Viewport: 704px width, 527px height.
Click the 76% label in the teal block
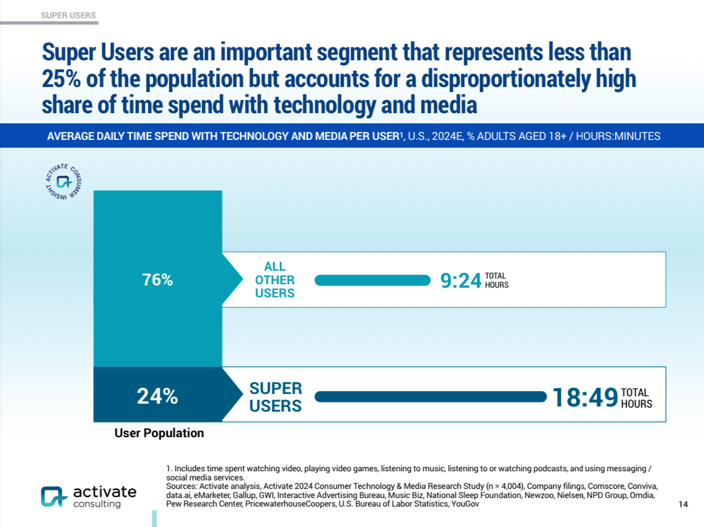pyautogui.click(x=157, y=280)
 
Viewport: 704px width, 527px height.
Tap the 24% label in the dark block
pyautogui.click(x=157, y=396)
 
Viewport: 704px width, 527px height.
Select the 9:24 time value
pyautogui.click(x=461, y=280)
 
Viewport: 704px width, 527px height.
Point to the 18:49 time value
pyautogui.click(x=585, y=397)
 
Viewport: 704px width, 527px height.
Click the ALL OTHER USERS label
pyautogui.click(x=275, y=280)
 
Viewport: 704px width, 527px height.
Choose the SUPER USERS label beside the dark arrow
pyautogui.click(x=276, y=397)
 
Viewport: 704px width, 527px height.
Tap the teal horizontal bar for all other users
pyautogui.click(x=373, y=280)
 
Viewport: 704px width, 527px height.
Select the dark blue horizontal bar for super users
pyautogui.click(x=430, y=397)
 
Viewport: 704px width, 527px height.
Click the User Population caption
pyautogui.click(x=159, y=433)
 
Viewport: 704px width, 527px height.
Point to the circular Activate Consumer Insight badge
pyautogui.click(x=63, y=181)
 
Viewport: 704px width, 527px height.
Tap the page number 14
pyautogui.click(x=683, y=504)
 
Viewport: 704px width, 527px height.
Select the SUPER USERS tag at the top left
pyautogui.click(x=69, y=15)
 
